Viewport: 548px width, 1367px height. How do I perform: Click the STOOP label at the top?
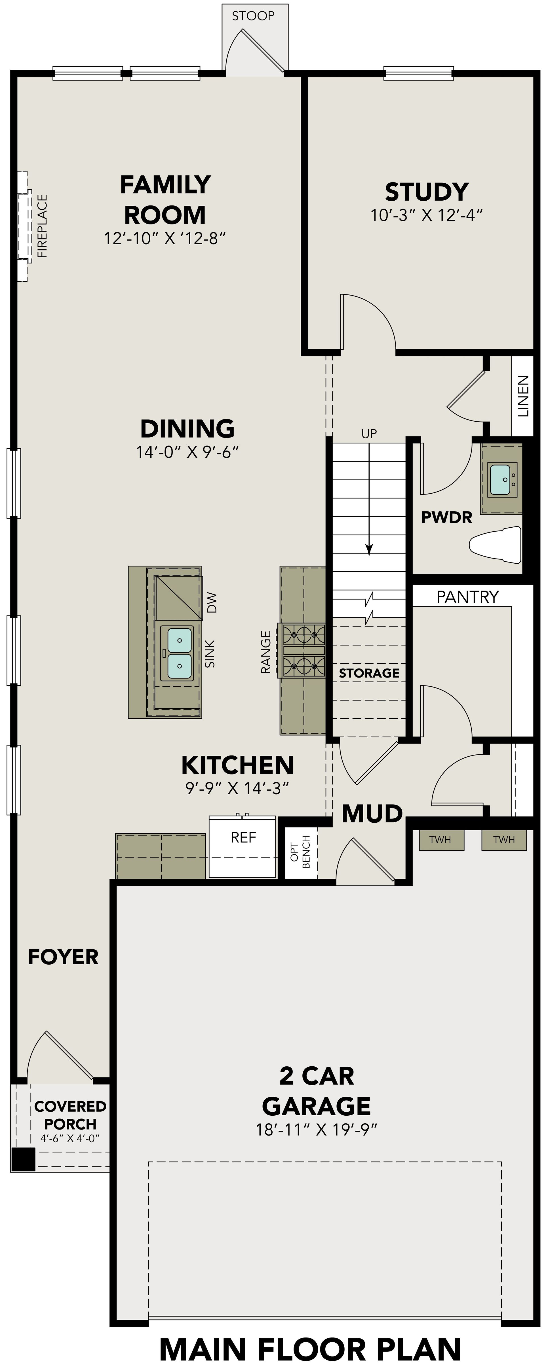tap(253, 16)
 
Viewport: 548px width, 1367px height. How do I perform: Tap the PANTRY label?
tap(467, 597)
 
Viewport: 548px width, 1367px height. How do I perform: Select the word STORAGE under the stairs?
tap(369, 673)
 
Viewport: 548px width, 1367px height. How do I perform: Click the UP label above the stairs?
tap(369, 434)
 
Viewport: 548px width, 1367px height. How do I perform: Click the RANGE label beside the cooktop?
tap(266, 652)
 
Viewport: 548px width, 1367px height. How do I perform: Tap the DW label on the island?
tap(212, 603)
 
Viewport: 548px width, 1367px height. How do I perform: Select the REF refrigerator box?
tap(243, 848)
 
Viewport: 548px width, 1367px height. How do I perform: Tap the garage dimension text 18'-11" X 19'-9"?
tap(317, 1130)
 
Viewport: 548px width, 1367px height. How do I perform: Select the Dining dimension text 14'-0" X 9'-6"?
tap(187, 452)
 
